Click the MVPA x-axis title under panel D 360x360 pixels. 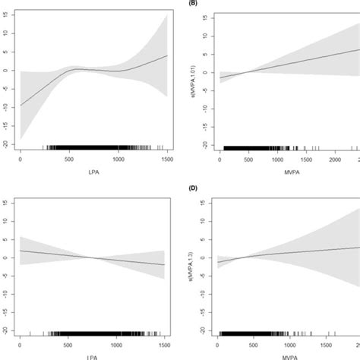click(285, 355)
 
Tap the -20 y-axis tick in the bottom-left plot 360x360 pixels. click(5, 329)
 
